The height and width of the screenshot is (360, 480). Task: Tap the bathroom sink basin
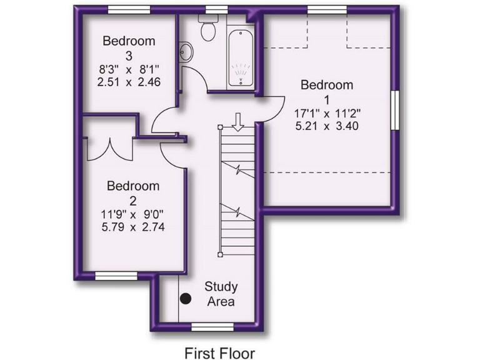(x=185, y=49)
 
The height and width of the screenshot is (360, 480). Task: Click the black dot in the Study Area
(x=186, y=299)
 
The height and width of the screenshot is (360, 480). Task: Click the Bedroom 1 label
(x=327, y=92)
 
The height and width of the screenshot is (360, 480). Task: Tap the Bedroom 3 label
(x=129, y=48)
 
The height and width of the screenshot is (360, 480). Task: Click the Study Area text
(x=221, y=294)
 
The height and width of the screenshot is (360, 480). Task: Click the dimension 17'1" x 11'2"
(x=327, y=114)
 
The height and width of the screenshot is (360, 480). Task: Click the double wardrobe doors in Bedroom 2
(x=111, y=149)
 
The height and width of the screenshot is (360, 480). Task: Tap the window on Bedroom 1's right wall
(x=395, y=111)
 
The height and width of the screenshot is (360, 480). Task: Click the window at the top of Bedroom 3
(x=129, y=9)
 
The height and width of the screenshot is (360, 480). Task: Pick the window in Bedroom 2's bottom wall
(x=116, y=275)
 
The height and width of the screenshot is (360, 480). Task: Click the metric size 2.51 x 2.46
(x=129, y=82)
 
